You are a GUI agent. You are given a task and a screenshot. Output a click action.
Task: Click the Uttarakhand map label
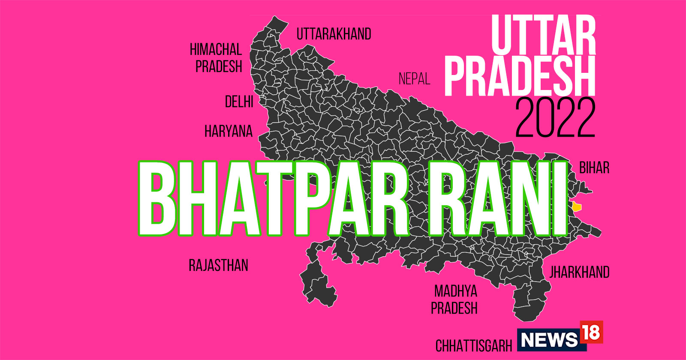[x=334, y=34]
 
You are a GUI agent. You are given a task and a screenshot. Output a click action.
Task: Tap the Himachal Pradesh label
[x=217, y=58]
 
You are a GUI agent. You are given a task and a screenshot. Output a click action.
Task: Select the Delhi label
[x=239, y=102]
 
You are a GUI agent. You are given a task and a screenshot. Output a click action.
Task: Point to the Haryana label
[x=229, y=131]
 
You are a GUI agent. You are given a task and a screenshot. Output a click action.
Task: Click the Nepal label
[x=414, y=79]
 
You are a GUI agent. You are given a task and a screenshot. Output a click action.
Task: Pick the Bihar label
[x=594, y=168]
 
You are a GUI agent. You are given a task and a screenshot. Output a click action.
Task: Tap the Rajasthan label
[x=218, y=265]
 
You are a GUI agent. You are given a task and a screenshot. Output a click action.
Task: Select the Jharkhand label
[x=579, y=272]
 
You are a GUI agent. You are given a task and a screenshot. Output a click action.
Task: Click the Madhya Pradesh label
[x=455, y=300]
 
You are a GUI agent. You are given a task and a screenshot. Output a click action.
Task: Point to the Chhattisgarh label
[x=474, y=345]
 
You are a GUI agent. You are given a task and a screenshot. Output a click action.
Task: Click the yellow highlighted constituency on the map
[x=577, y=207]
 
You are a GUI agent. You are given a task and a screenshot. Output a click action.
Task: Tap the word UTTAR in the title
[x=543, y=35]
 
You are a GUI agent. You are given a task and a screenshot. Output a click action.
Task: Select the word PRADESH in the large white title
[x=520, y=77]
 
